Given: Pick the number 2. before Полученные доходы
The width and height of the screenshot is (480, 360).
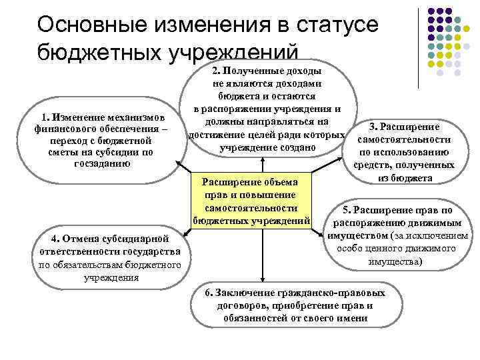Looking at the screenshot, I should (x=217, y=71).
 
